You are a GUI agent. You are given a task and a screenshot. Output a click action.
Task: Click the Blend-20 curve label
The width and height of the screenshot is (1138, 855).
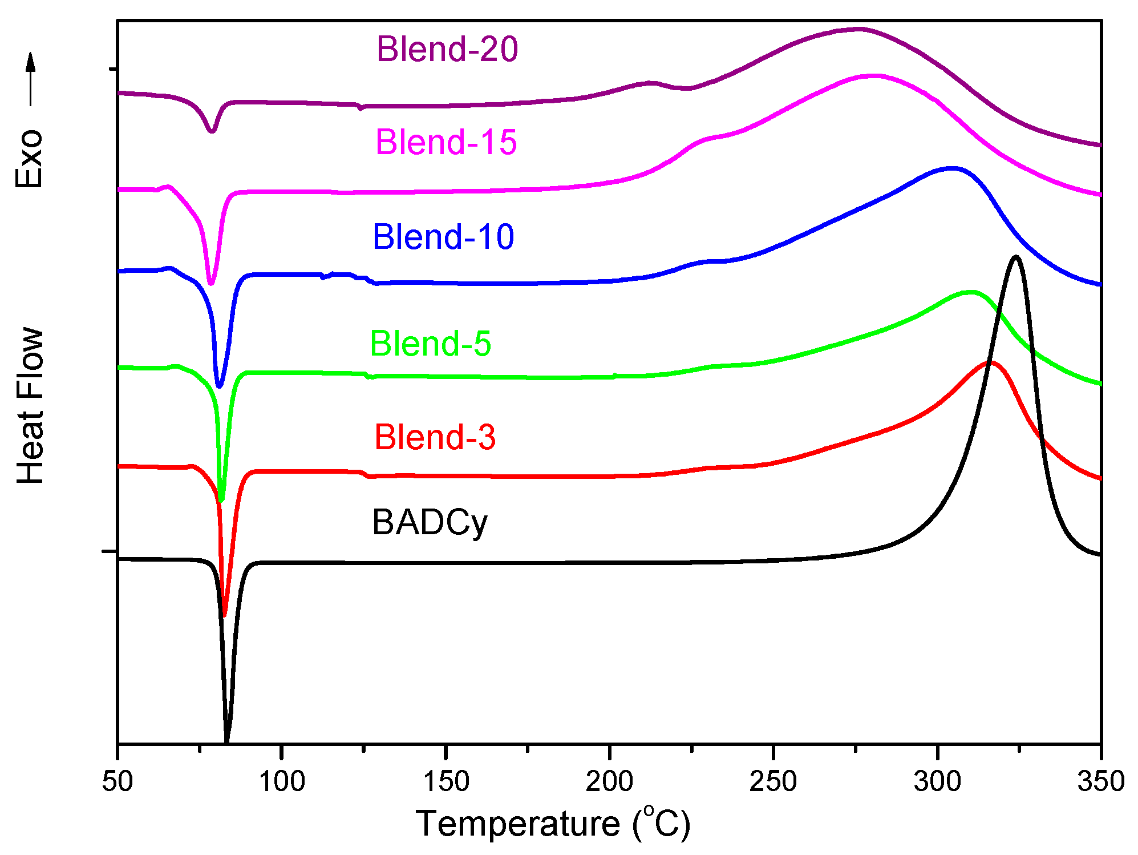pyautogui.click(x=447, y=49)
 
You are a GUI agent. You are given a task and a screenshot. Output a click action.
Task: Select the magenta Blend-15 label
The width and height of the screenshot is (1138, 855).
pyautogui.click(x=446, y=142)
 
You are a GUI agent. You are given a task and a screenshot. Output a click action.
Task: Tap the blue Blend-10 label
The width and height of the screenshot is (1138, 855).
pyautogui.click(x=443, y=237)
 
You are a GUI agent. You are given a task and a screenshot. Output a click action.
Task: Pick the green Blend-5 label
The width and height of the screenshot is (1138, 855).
pyautogui.click(x=430, y=344)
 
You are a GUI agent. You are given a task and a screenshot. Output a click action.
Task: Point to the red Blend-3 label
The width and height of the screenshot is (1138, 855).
pyautogui.click(x=435, y=438)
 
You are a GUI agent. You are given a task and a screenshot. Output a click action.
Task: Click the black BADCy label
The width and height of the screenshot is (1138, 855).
pyautogui.click(x=430, y=522)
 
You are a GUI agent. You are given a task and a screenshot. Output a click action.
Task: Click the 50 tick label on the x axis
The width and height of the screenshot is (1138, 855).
pyautogui.click(x=118, y=781)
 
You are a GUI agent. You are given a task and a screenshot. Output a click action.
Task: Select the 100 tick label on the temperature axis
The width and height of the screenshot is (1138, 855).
pyautogui.click(x=282, y=781)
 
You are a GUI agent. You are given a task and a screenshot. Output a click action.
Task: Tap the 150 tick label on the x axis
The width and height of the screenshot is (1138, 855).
pyautogui.click(x=446, y=781)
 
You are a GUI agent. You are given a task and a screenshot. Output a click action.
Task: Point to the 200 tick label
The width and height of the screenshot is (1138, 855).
pyautogui.click(x=609, y=781)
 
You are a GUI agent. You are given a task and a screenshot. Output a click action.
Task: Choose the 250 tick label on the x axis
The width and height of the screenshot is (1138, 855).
pyautogui.click(x=773, y=781)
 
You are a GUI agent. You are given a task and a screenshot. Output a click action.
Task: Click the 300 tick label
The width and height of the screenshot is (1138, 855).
pyautogui.click(x=937, y=781)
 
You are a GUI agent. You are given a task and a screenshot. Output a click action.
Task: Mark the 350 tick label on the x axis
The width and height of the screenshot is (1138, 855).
pyautogui.click(x=1100, y=781)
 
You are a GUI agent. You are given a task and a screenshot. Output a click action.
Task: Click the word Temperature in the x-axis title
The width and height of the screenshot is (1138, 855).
pyautogui.click(x=517, y=824)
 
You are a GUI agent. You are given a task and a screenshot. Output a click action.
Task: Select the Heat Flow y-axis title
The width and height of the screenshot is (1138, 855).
pyautogui.click(x=30, y=406)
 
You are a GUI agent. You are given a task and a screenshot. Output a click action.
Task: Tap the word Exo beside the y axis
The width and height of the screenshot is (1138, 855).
pyautogui.click(x=29, y=159)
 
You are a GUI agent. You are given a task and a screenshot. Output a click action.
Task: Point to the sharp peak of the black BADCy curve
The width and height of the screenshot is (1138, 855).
pyautogui.click(x=1015, y=257)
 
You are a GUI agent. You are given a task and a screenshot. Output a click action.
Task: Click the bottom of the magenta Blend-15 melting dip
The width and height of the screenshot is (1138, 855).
pyautogui.click(x=212, y=283)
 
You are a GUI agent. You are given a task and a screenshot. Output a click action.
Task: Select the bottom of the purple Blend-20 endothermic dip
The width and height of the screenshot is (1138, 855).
pyautogui.click(x=212, y=131)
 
